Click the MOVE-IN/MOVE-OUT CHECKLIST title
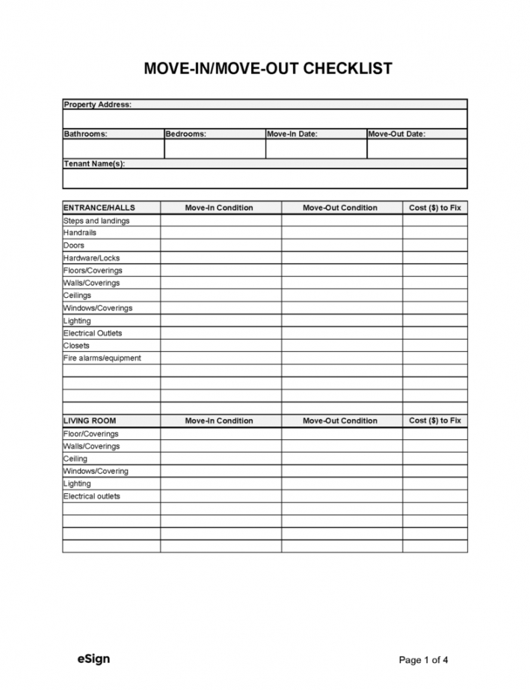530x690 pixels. [268, 70]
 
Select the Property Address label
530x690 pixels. [98, 104]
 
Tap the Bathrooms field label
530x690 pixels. [85, 134]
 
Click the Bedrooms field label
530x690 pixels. [185, 134]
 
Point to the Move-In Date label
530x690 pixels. [292, 134]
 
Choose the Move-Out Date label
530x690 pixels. [396, 134]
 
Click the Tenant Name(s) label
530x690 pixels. [94, 164]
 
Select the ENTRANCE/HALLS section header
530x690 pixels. [99, 207]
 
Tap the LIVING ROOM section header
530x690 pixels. [90, 421]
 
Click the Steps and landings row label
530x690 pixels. [96, 221]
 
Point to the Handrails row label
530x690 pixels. [80, 233]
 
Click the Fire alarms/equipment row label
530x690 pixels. [102, 358]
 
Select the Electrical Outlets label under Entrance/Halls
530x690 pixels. [93, 333]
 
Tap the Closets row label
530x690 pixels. [76, 346]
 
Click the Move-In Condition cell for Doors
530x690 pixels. [221, 245]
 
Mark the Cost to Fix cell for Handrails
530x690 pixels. [435, 233]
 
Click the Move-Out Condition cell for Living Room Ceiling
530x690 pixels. [342, 459]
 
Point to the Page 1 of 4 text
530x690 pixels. [424, 660]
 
